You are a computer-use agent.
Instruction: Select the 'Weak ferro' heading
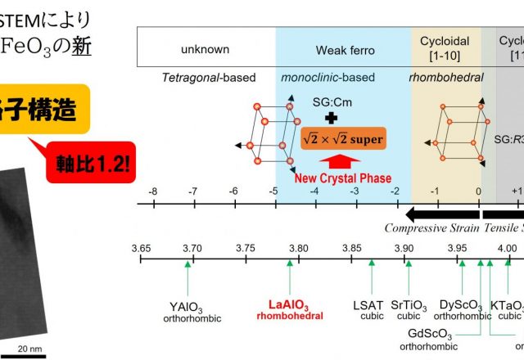click(344, 50)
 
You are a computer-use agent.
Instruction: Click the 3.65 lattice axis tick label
click(142, 248)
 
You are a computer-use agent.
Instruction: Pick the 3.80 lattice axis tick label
click(299, 248)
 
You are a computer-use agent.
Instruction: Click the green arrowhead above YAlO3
click(188, 264)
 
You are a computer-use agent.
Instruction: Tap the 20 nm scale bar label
click(29, 349)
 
